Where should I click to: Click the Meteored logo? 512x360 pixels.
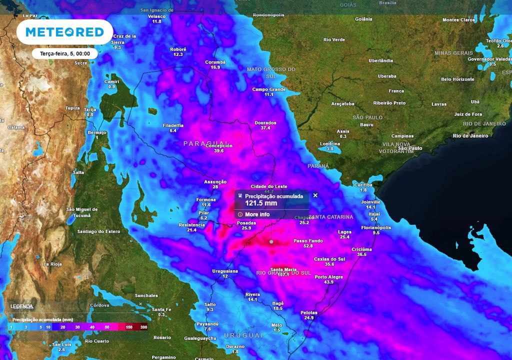[64, 32]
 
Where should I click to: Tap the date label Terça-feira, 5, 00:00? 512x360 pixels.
[64, 53]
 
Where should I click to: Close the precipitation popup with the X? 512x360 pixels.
[315, 195]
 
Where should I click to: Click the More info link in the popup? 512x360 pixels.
[257, 214]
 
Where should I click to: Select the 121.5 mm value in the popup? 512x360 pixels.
[260, 203]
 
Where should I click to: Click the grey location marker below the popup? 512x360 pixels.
[271, 242]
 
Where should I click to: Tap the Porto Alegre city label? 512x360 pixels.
[328, 277]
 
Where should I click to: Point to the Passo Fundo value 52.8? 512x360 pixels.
[308, 246]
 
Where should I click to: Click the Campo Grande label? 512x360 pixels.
[268, 89]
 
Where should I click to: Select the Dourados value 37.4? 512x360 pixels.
[265, 128]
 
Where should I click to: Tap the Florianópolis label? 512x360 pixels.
[376, 227]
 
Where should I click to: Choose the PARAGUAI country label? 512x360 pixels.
[206, 143]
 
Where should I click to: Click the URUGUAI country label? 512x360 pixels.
[242, 335]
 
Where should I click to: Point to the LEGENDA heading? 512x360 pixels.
[21, 306]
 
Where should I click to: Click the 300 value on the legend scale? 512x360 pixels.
[143, 326]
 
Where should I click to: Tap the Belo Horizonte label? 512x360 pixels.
[457, 79]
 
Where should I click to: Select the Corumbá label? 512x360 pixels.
[215, 62]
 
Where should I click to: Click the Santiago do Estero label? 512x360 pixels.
[98, 231]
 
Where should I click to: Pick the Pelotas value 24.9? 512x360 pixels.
[308, 317]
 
